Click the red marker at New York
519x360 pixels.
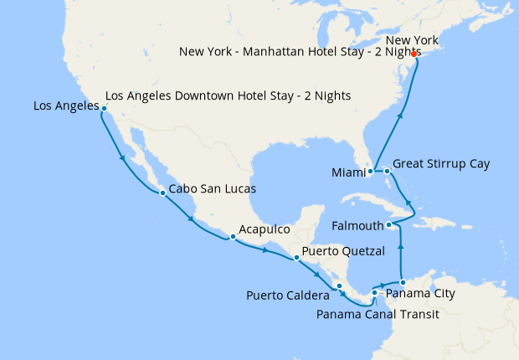(x=414, y=54)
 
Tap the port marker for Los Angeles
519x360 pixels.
(x=104, y=108)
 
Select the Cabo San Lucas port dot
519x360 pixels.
(x=162, y=193)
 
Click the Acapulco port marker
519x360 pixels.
(x=233, y=237)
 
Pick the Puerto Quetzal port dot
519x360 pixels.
(x=296, y=258)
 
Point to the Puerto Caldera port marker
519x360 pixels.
(x=339, y=286)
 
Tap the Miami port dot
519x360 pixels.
(x=369, y=172)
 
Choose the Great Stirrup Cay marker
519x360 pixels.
(x=387, y=172)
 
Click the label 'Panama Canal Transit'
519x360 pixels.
(x=378, y=315)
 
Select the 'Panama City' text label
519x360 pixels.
(x=422, y=294)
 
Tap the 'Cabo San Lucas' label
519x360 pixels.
(x=212, y=189)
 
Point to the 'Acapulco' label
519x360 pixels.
(x=264, y=229)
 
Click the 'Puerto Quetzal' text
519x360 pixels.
(x=343, y=251)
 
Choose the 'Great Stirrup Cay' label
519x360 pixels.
(x=441, y=163)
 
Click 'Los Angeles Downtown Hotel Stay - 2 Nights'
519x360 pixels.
(x=228, y=96)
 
